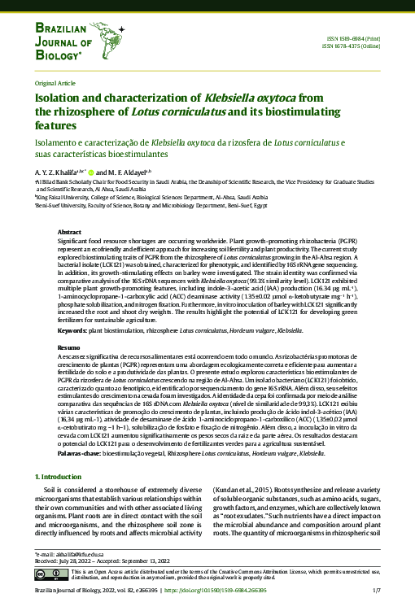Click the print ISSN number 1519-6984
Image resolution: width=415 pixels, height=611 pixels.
tap(341, 39)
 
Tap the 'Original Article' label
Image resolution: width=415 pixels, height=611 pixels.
tap(53, 84)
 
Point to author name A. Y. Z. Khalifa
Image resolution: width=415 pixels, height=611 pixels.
tap(57, 172)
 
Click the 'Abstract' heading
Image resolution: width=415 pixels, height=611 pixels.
tap(69, 233)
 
